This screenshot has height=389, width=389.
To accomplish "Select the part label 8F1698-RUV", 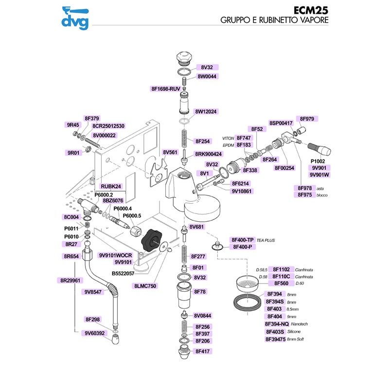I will (x=166, y=89).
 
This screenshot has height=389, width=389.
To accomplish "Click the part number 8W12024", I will (x=206, y=111).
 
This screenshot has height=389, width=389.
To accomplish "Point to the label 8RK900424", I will (x=209, y=154).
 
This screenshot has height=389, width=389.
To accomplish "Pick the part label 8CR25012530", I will (x=108, y=126).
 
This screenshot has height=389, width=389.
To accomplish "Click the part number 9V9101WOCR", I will (x=116, y=255).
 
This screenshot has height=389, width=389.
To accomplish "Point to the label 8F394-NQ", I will (x=277, y=324).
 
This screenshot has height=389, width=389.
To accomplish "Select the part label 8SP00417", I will (x=281, y=123).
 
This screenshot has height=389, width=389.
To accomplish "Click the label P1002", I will (x=318, y=161).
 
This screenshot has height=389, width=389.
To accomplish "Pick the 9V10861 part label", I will (x=242, y=191).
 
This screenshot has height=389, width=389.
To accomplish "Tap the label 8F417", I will (x=202, y=350).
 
